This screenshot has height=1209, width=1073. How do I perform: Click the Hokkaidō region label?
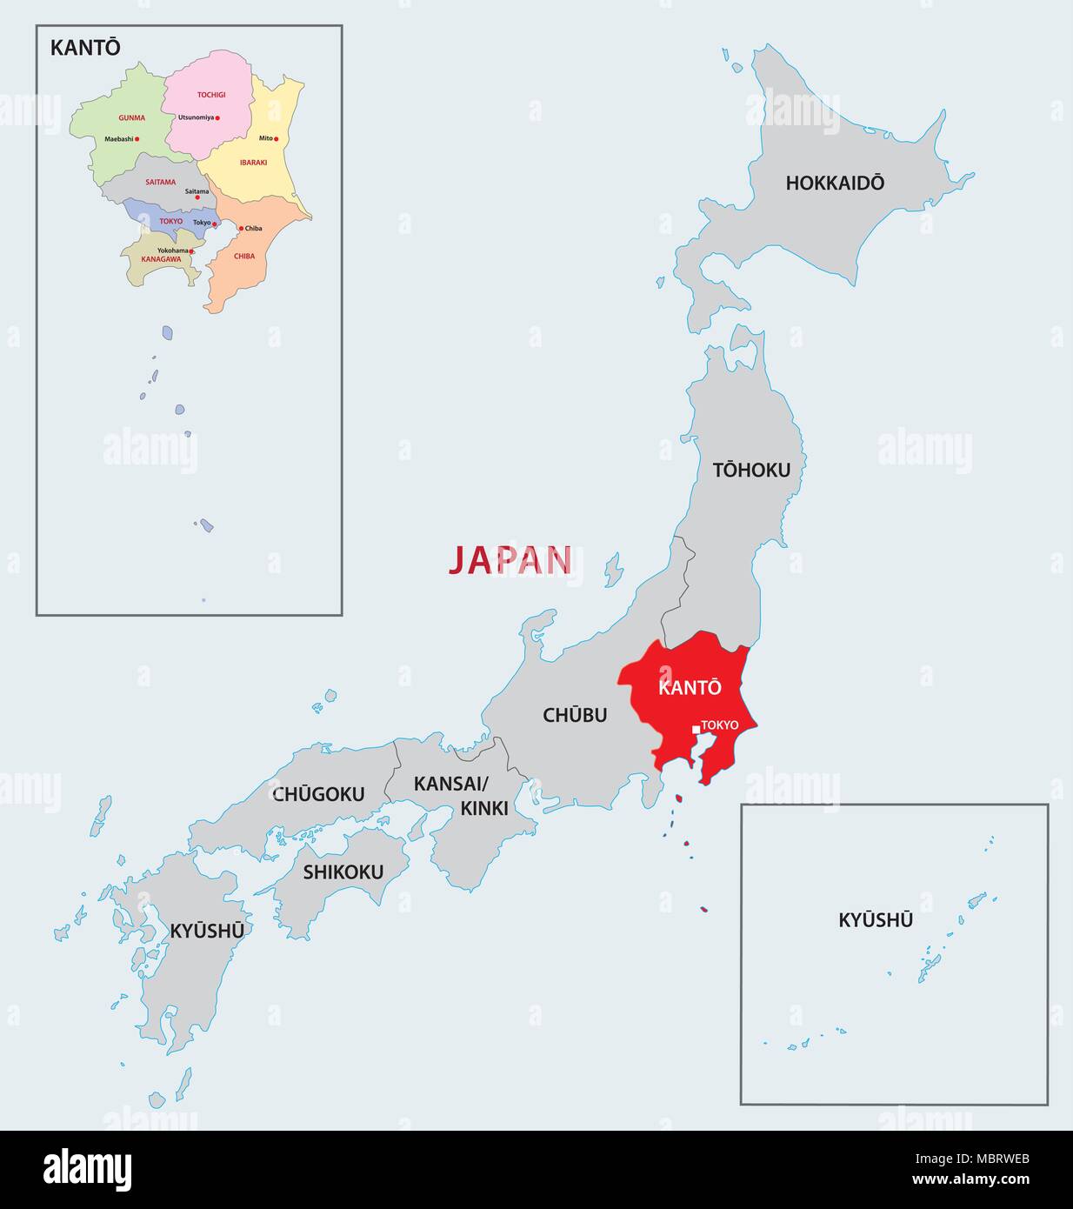click(x=835, y=183)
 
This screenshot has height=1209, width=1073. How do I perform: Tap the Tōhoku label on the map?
click(x=751, y=470)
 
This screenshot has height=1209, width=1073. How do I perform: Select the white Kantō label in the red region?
click(x=690, y=687)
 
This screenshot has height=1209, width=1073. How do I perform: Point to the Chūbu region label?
click(x=575, y=715)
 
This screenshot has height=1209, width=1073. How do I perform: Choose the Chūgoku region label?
click(x=318, y=794)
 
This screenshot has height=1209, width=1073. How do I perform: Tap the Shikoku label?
click(x=343, y=872)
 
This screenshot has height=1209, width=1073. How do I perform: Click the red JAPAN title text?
click(x=510, y=561)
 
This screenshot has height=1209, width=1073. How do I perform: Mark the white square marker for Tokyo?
click(x=696, y=730)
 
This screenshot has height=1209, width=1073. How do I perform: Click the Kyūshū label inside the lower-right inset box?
click(x=876, y=919)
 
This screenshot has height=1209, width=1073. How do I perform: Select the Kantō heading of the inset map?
click(x=85, y=48)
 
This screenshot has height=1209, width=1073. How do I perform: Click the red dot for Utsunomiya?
click(x=218, y=118)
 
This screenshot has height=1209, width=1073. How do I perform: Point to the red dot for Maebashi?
click(x=137, y=139)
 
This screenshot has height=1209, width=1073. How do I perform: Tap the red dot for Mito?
click(x=277, y=139)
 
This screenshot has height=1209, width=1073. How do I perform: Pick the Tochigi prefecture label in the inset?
click(x=210, y=94)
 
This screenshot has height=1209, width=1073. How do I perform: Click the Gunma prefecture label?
click(x=131, y=117)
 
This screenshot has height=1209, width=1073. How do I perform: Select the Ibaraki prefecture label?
click(x=253, y=163)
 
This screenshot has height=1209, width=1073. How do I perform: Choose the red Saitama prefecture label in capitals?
click(x=161, y=183)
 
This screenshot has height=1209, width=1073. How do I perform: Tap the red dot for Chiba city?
click(x=241, y=229)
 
